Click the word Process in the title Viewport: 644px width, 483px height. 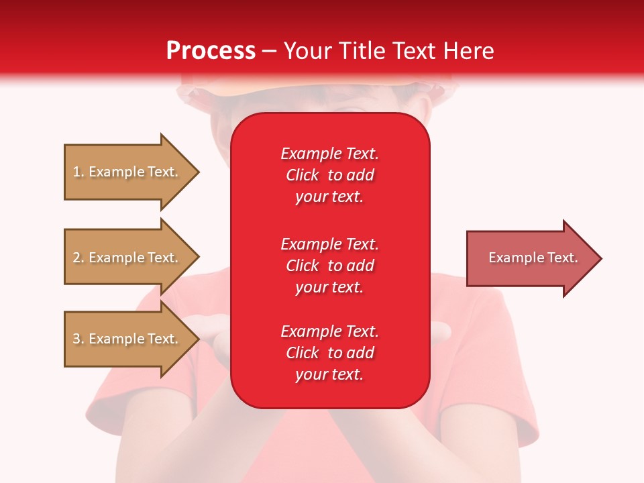pyautogui.click(x=211, y=51)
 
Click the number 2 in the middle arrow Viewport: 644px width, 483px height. pyautogui.click(x=76, y=258)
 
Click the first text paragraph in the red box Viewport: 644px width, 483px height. pyautogui.click(x=329, y=175)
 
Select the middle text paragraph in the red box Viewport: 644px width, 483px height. pyautogui.click(x=329, y=265)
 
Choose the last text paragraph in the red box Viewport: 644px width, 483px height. pyautogui.click(x=329, y=353)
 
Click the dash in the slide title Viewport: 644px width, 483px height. pyautogui.click(x=269, y=51)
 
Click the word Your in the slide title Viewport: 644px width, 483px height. pyautogui.click(x=308, y=51)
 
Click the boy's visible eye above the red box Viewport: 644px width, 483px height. pyautogui.click(x=349, y=108)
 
